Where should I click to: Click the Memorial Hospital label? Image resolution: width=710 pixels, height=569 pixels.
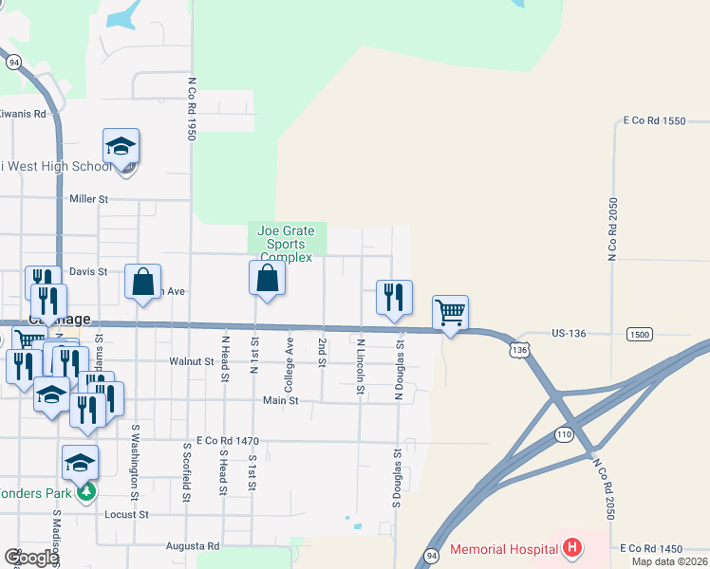(503, 549)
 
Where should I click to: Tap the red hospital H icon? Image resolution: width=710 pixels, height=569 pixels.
(571, 548)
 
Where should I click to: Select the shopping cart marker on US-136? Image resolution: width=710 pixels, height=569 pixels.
(450, 313)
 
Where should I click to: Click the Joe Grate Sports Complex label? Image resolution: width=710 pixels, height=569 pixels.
(286, 244)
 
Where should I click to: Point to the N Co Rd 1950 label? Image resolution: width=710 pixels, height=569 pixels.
(191, 109)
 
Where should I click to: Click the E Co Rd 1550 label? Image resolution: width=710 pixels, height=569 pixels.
(654, 121)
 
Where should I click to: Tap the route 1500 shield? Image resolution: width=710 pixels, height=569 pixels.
(639, 334)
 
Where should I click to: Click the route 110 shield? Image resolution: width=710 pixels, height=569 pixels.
(564, 433)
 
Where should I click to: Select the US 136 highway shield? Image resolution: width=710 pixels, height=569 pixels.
(518, 350)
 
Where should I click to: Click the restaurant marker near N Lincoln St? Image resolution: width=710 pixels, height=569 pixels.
(393, 298)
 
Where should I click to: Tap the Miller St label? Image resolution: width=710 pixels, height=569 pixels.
(90, 199)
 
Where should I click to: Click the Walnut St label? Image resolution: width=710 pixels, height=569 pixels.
(192, 361)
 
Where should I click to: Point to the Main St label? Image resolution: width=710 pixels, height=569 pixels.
(281, 401)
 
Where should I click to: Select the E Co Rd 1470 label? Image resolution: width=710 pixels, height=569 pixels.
(227, 441)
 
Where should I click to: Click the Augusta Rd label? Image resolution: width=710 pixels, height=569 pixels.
(193, 546)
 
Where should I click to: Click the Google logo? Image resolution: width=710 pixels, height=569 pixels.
(30, 558)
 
